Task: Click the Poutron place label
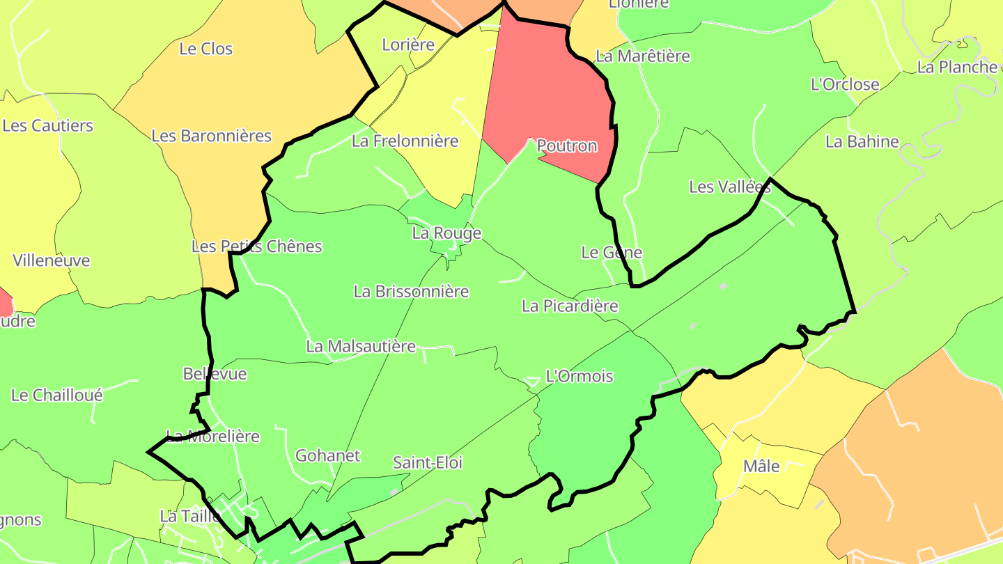pyautogui.click(x=567, y=146)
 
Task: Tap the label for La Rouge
pyautogui.click(x=446, y=233)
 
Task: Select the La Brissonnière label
pyautogui.click(x=411, y=291)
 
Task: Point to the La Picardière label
pyautogui.click(x=570, y=306)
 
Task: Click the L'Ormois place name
pyautogui.click(x=580, y=377)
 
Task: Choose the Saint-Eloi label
pyautogui.click(x=428, y=462)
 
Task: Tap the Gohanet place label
pyautogui.click(x=328, y=456)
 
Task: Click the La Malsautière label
pyautogui.click(x=361, y=346)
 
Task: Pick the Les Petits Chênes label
pyautogui.click(x=257, y=246)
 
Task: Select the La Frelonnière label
pyautogui.click(x=405, y=141)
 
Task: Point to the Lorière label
pyautogui.click(x=408, y=45)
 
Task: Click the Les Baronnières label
pyautogui.click(x=211, y=136)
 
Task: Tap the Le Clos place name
pyautogui.click(x=206, y=49)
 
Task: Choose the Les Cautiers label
pyautogui.click(x=48, y=126)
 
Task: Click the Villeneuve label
pyautogui.click(x=52, y=260)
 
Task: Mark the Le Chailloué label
pyautogui.click(x=57, y=395)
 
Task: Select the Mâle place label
pyautogui.click(x=761, y=467)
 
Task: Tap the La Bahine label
pyautogui.click(x=862, y=142)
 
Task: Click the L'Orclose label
pyautogui.click(x=845, y=85)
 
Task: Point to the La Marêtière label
pyautogui.click(x=643, y=56)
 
